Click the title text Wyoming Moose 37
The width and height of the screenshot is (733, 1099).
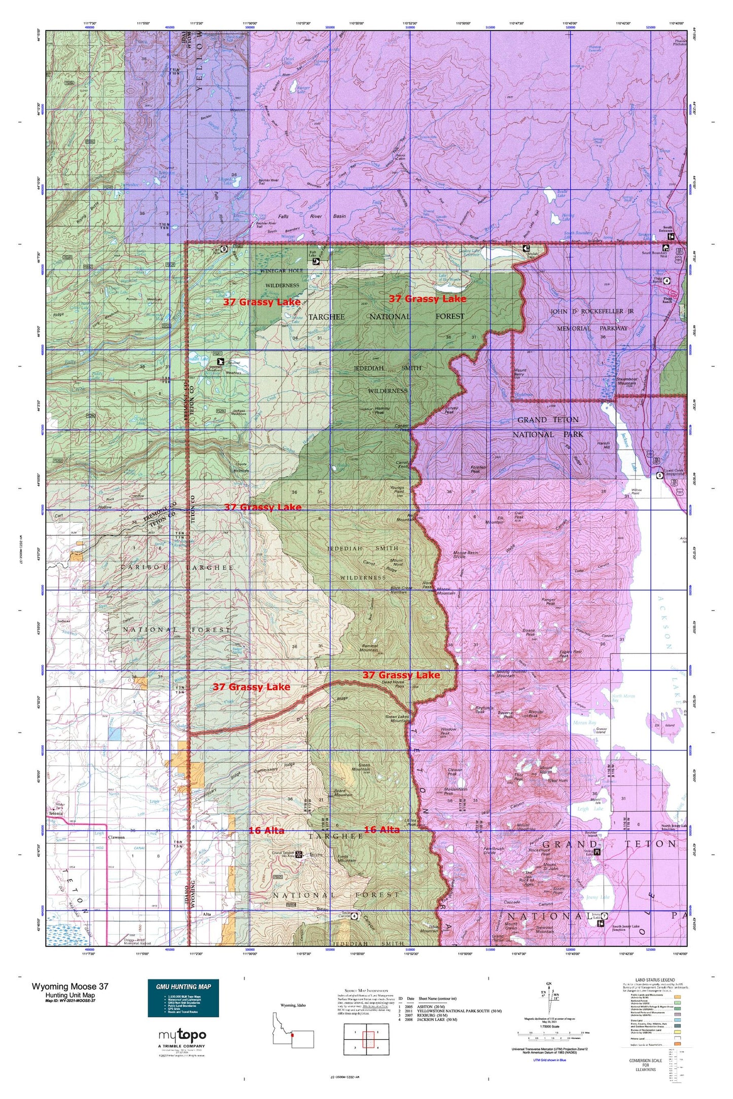click(x=69, y=986)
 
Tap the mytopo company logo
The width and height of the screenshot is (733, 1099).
click(x=182, y=1035)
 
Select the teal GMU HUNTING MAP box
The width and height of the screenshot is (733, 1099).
click(x=183, y=998)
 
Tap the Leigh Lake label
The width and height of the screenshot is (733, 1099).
click(x=590, y=809)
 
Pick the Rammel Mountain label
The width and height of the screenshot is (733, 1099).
click(x=368, y=647)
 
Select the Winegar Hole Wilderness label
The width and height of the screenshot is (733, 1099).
click(x=282, y=278)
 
